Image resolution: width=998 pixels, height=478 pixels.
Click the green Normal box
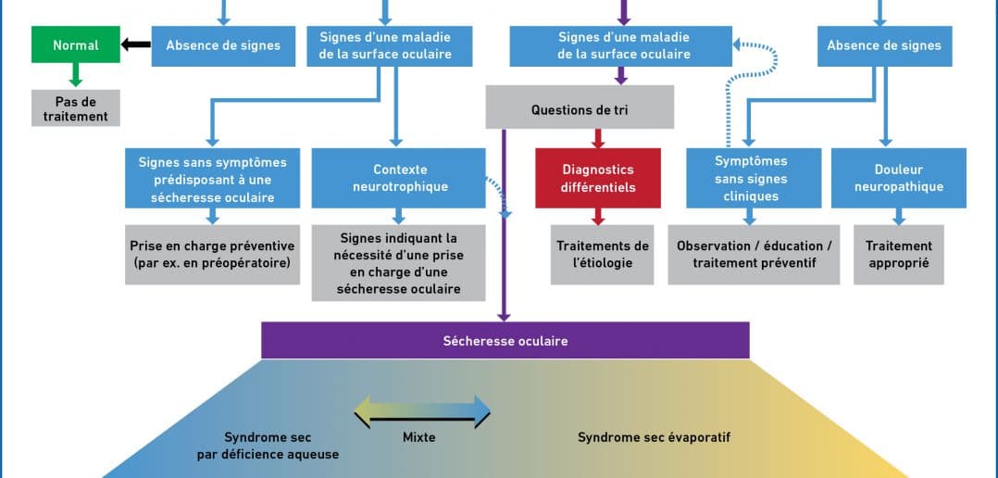click(x=76, y=44)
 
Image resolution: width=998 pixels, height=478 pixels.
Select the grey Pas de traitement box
click(x=76, y=108)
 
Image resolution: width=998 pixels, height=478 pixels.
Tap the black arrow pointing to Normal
click(x=136, y=44)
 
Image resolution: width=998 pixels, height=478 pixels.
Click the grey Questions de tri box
click(x=580, y=109)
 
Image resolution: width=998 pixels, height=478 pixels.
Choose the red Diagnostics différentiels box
click(x=598, y=178)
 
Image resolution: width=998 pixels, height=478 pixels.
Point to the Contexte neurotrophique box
click(x=400, y=178)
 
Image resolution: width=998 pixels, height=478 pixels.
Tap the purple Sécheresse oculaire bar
click(x=505, y=340)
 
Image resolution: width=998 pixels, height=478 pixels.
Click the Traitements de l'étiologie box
click(x=603, y=254)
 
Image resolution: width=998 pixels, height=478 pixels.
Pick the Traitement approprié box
click(x=898, y=254)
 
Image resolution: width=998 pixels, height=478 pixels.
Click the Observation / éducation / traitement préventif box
click(x=755, y=254)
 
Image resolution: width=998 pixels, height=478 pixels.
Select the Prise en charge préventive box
click(x=212, y=254)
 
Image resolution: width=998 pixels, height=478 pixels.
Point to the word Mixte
click(x=420, y=437)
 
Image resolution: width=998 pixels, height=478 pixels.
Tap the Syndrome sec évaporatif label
click(x=654, y=437)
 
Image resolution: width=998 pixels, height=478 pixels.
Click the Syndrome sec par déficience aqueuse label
click(x=268, y=446)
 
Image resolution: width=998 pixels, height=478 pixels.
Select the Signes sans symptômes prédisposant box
click(x=212, y=178)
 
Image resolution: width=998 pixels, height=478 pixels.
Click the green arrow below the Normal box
click(x=76, y=74)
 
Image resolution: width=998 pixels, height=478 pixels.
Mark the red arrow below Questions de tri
click(x=598, y=137)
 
